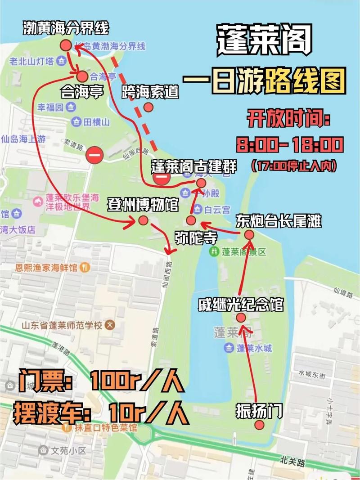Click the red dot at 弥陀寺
pos(191,220)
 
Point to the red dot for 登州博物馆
pos(143,220)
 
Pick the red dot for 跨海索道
pos(148,107)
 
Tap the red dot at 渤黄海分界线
pos(66,45)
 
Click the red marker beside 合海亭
pos(83,76)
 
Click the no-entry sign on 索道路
pos(95,155)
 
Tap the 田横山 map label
pos(97,121)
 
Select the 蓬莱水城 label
pos(254,348)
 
